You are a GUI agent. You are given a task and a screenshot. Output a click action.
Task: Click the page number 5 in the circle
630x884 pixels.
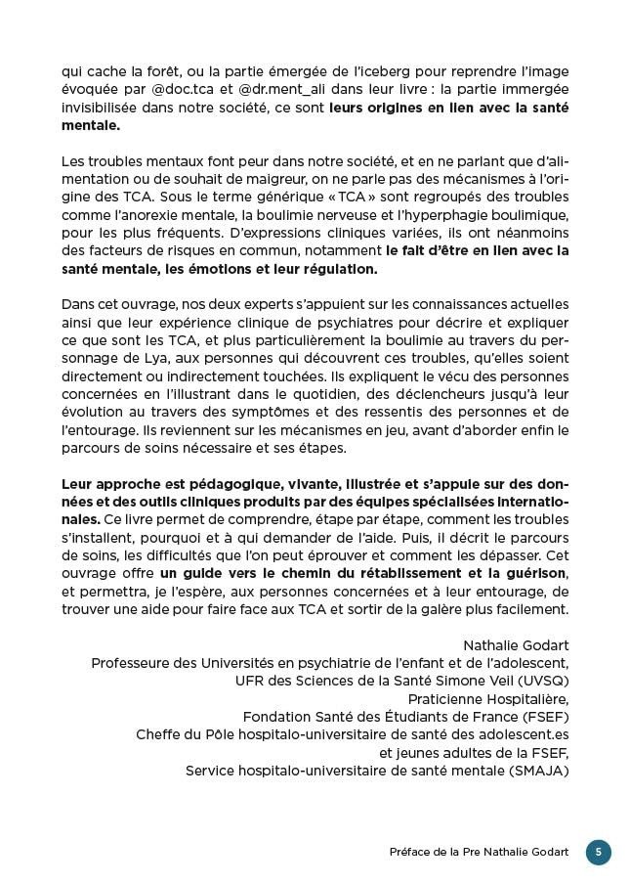click(x=598, y=852)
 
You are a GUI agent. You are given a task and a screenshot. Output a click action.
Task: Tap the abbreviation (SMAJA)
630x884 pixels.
click(x=533, y=771)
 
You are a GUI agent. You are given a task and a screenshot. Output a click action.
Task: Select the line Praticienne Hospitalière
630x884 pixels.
click(x=487, y=699)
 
